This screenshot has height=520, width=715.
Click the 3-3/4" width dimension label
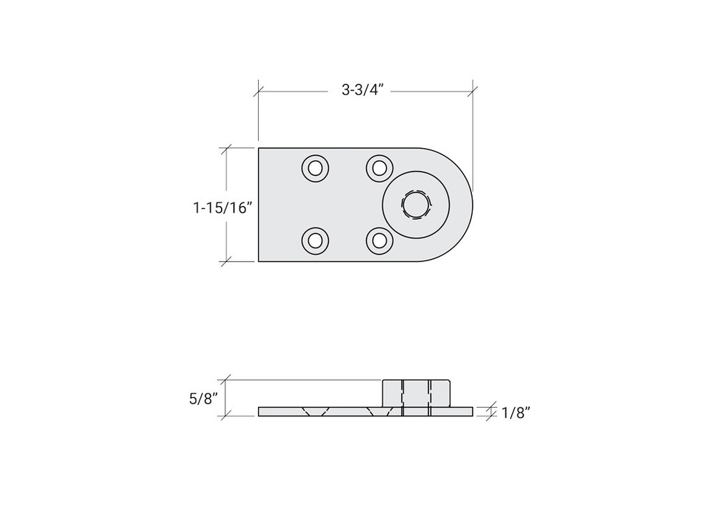[365, 91]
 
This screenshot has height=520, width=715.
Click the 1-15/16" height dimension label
[223, 207]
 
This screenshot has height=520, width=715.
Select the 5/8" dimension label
[202, 398]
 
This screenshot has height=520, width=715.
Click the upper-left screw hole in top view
[315, 169]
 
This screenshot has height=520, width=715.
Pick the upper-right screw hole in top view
[379, 169]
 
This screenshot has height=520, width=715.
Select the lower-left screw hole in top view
[315, 240]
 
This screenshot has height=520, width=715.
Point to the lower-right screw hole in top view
[379, 240]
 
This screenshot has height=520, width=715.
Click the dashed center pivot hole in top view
[415, 205]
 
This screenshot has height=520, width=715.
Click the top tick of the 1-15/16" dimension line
[227, 148]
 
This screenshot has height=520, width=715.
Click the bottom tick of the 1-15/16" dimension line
[227, 262]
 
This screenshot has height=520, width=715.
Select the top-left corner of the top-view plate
[259, 148]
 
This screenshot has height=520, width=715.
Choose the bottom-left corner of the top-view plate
[259, 262]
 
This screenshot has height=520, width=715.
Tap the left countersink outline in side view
[315, 411]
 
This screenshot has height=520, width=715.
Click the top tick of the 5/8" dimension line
[227, 379]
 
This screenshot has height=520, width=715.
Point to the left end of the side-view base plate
[260, 411]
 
